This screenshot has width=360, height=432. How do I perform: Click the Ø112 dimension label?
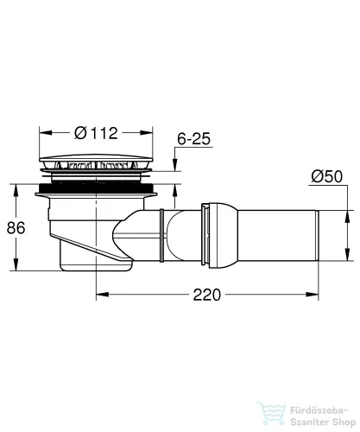pyautogui.click(x=96, y=133)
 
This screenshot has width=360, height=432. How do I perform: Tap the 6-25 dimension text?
pyautogui.click(x=193, y=139)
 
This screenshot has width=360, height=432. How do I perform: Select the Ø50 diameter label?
pyautogui.click(x=327, y=176)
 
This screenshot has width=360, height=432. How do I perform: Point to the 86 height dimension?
pyautogui.click(x=16, y=228)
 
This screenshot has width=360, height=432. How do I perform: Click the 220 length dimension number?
pyautogui.click(x=206, y=295)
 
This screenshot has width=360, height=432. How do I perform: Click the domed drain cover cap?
pyautogui.click(x=96, y=158)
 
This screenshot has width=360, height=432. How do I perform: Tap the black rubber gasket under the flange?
pyautogui.click(x=96, y=188)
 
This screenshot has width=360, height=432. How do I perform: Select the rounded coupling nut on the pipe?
pyautogui.click(x=220, y=236)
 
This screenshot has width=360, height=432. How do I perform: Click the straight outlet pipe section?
pyautogui.click(x=278, y=236)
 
